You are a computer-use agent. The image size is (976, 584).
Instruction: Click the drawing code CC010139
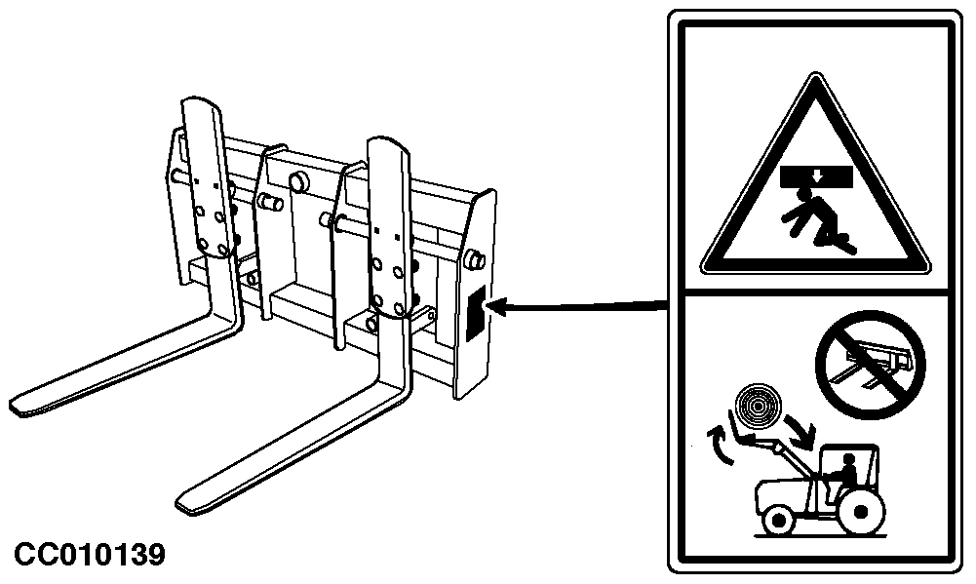tap(90, 555)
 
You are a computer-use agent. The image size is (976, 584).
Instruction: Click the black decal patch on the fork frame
tap(476, 313)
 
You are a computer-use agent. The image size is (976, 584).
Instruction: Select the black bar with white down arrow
tap(816, 176)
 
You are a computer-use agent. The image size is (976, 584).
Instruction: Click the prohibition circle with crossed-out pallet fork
tap(870, 365)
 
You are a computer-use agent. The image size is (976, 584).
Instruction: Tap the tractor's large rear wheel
tap(862, 511)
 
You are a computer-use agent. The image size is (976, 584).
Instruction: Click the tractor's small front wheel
tap(779, 519)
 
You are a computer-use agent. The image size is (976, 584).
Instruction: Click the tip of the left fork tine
tap(15, 405)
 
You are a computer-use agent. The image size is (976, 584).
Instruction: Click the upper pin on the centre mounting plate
tap(298, 181)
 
